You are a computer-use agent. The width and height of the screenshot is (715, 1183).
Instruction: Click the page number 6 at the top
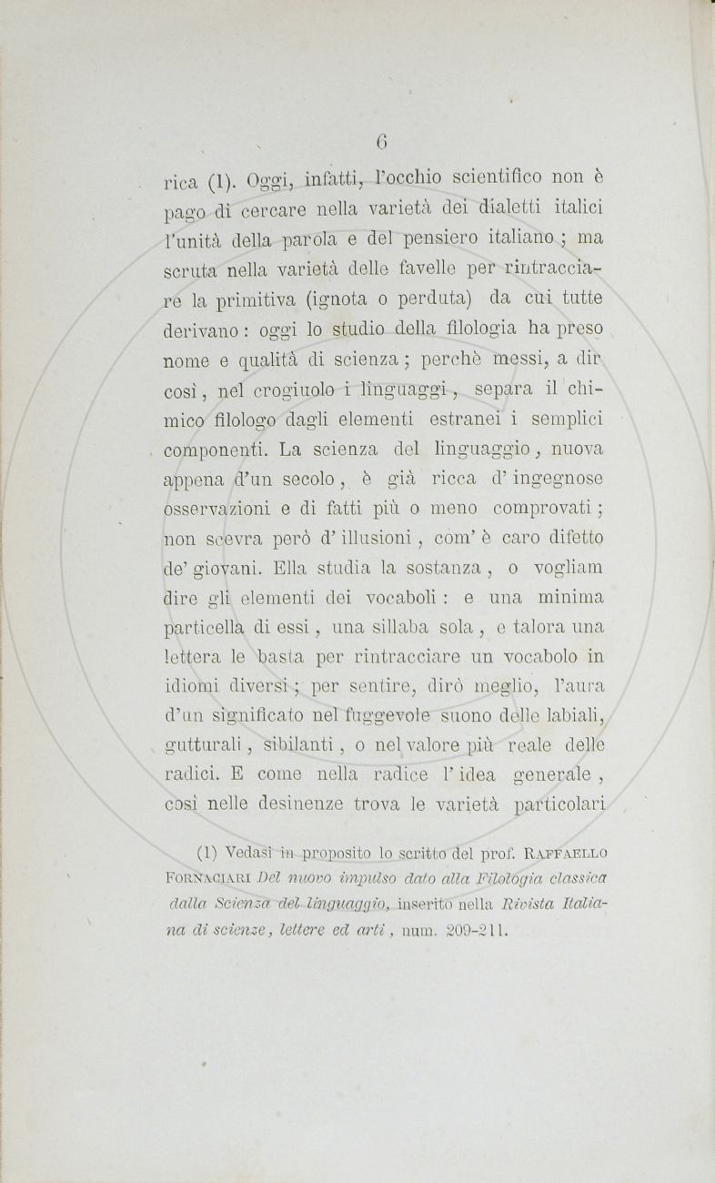coord(383,141)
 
